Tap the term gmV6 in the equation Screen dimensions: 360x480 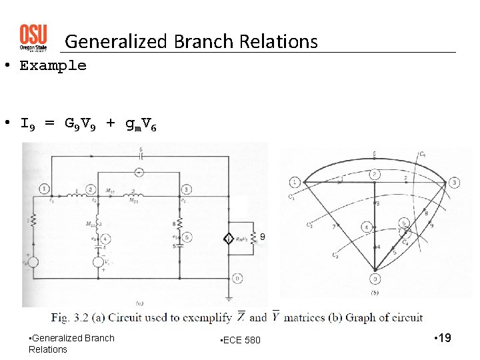[141, 124]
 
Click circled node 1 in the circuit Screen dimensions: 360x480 [44, 188]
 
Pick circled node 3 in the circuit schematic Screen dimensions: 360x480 [187, 189]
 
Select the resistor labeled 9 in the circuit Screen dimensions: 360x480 [253, 237]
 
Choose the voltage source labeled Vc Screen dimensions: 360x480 [99, 262]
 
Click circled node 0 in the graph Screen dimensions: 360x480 [375, 279]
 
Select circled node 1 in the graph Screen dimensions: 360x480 [295, 182]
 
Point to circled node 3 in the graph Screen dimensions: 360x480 [454, 183]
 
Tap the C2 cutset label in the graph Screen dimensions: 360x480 [309, 225]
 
